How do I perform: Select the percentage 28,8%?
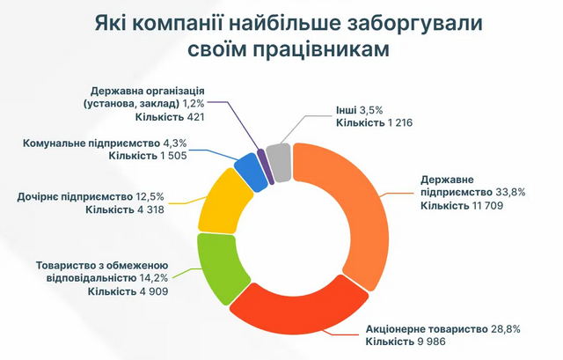pyautogui.click(x=502, y=327)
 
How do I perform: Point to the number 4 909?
pyautogui.click(x=150, y=291)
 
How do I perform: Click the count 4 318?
pyautogui.click(x=150, y=209)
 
